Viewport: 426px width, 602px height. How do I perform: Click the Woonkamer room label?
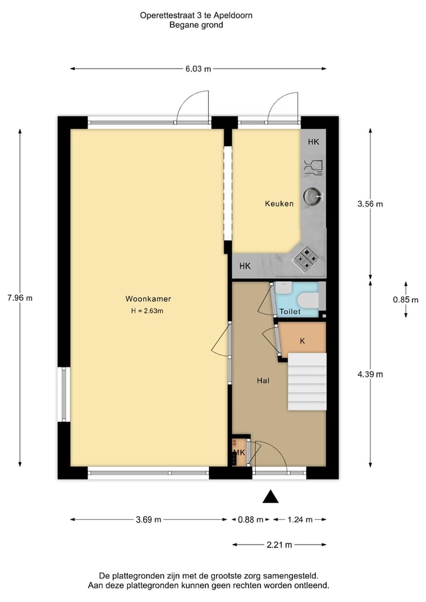point(148,299)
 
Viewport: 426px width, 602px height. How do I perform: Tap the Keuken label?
point(279,204)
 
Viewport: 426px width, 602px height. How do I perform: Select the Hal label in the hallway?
point(263,381)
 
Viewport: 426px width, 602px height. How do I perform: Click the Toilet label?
point(290,311)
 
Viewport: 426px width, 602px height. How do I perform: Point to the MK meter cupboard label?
point(240,453)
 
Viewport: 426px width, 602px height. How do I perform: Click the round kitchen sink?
point(312,195)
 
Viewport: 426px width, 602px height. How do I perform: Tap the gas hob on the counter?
point(307,258)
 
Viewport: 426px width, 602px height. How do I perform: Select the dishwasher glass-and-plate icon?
point(313,167)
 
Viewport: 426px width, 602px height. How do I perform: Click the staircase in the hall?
point(307,381)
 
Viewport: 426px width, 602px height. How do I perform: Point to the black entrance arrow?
point(270,497)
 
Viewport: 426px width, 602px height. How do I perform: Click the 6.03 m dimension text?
point(198,69)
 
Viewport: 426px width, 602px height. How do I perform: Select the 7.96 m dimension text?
point(20,298)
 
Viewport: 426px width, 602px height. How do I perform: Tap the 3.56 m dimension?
point(370,204)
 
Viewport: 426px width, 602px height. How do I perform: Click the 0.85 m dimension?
point(405,300)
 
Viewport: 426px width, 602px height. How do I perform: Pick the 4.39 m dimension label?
point(370,374)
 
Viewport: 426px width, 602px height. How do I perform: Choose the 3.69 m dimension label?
point(149,520)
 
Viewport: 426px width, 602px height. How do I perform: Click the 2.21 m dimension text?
point(279,545)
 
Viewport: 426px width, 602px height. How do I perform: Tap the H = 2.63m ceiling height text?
point(147,311)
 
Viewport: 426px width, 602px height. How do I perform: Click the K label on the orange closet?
point(302,341)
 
